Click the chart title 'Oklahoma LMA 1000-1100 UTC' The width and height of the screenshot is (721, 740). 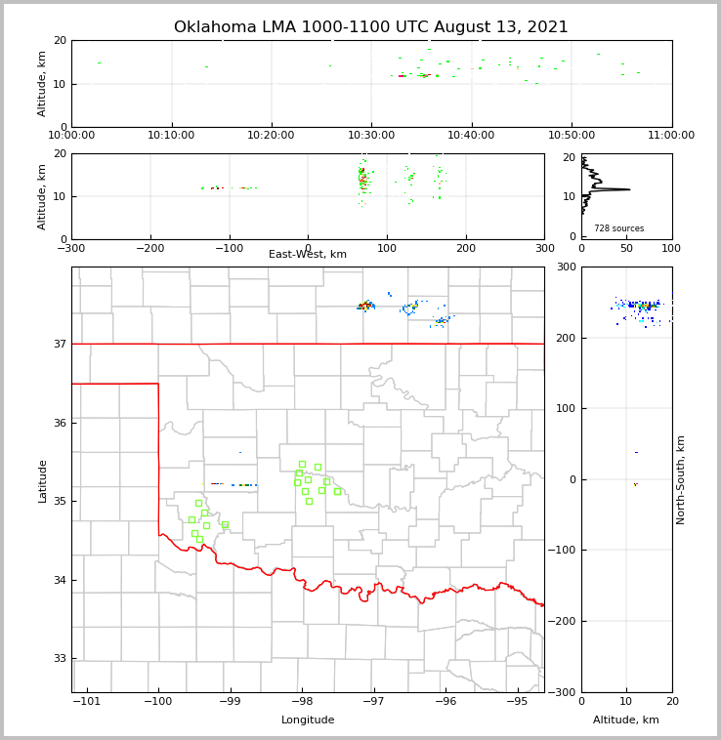(370, 27)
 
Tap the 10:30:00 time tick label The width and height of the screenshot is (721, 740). (371, 136)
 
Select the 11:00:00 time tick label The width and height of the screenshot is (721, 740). (671, 136)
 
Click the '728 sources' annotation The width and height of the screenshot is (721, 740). (618, 228)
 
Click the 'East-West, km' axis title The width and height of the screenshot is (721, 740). (308, 255)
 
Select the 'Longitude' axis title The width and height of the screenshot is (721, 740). (308, 720)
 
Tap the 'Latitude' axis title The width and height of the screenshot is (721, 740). (43, 480)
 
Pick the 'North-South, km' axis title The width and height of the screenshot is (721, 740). (682, 479)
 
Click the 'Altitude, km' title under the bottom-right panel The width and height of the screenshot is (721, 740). (626, 720)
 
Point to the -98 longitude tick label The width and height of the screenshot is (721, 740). (302, 701)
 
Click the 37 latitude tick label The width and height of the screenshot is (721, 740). (59, 345)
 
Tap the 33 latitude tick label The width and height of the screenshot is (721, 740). (59, 659)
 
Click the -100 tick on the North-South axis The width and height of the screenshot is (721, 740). (564, 551)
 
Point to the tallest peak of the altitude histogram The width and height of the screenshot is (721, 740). (628, 189)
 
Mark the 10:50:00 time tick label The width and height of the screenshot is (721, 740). (572, 136)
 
